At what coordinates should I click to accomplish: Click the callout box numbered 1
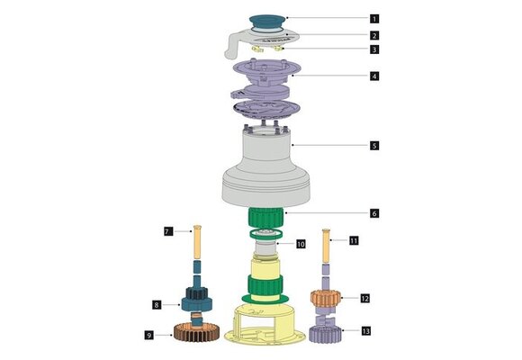373,17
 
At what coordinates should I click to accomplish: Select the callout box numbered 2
373,35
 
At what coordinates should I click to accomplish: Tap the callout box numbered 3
373,49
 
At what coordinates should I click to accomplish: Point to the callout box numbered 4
373,76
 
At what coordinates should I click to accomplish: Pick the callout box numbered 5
373,144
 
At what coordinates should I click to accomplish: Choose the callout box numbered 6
373,213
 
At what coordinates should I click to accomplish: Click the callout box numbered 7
167,232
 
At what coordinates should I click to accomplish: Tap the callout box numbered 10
301,243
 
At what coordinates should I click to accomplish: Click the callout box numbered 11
354,240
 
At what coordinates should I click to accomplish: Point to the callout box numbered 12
364,297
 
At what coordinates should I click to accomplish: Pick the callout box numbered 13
364,331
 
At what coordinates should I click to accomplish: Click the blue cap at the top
266,18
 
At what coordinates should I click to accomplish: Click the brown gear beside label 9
192,335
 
